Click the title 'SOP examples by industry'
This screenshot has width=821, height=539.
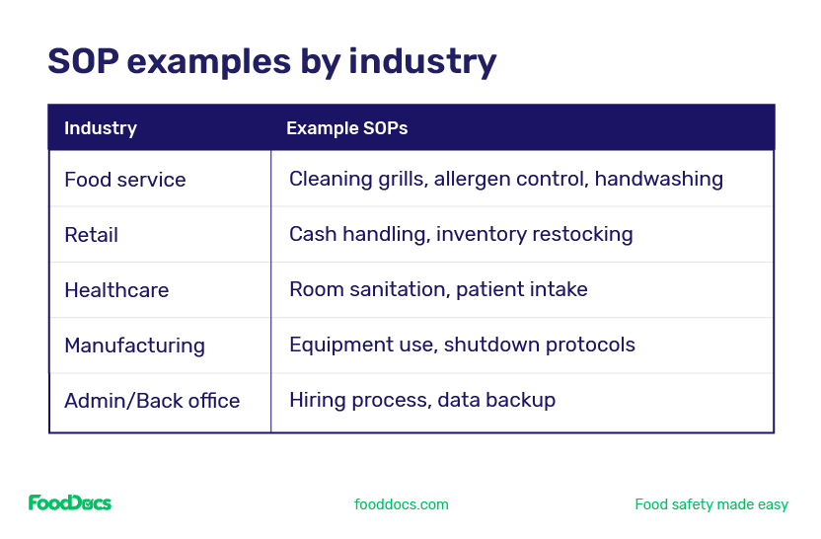coord(271,61)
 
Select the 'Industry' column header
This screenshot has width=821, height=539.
coord(100,128)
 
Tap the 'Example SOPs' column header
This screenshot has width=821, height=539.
coord(346,128)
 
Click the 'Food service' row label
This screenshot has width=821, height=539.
coord(124,180)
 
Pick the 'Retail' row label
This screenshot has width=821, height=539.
coord(91,235)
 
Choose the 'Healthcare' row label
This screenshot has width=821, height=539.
coord(116,290)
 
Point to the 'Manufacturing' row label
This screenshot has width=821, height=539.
coord(134,346)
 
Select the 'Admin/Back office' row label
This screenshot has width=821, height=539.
coord(152,401)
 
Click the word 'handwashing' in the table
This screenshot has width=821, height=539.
coord(658,180)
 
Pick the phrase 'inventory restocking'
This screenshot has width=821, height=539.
coord(534,235)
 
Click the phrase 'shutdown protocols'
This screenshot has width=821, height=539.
coord(540,346)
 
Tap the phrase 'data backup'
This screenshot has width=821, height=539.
coord(496,401)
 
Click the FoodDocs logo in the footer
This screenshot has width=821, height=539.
coord(69,503)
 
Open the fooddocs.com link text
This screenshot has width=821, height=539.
coord(401,504)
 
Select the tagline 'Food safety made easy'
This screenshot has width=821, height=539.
coord(710,504)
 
